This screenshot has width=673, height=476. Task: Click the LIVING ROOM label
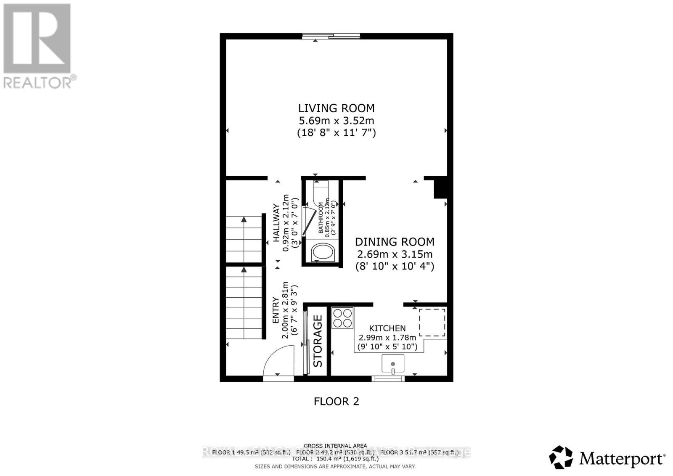point(336,108)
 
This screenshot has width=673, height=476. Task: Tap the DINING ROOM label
point(395,242)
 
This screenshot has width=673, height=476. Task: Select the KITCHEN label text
point(387,328)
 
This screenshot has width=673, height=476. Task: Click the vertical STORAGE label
point(318,341)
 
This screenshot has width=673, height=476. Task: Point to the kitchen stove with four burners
point(342,318)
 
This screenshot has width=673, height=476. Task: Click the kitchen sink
point(393,363)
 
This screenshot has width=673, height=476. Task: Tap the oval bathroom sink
point(323,252)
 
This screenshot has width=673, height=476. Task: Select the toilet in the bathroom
point(321,192)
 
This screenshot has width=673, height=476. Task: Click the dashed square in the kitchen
point(432,322)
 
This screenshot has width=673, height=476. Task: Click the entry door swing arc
point(278,360)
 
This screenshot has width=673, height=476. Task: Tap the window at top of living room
point(331,37)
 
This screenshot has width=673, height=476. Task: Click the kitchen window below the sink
point(388,378)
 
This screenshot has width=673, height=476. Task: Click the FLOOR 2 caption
point(336,401)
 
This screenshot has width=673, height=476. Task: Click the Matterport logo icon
point(561,457)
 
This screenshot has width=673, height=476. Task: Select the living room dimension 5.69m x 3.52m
point(336,121)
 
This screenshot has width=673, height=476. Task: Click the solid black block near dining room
point(440,188)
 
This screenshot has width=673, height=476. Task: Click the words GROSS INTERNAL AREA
point(335,446)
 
